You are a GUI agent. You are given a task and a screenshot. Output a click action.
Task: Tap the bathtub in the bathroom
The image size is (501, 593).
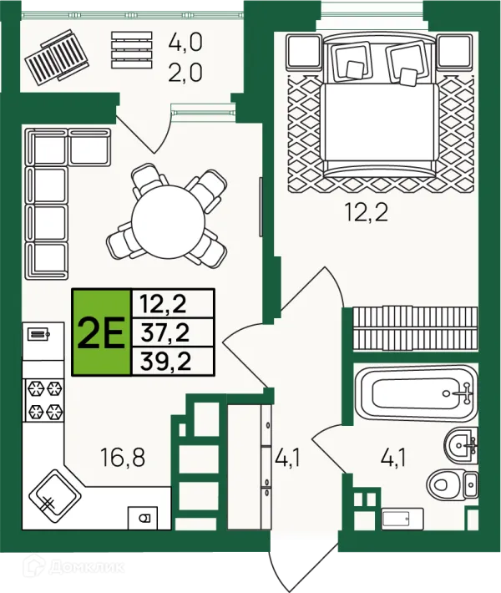coord(416,393)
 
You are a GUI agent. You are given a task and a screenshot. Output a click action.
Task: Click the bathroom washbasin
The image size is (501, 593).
coord(461,445)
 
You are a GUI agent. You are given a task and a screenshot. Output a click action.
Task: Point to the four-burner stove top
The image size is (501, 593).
coord(43,400)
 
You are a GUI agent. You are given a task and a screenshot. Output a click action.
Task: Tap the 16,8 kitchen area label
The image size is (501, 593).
coord(123,457)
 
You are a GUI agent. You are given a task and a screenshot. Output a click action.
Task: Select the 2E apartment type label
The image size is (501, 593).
coord(101,332)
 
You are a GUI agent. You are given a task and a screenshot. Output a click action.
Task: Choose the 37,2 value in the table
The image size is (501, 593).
coord(164,332)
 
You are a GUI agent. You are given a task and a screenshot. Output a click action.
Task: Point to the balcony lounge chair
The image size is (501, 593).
coord(57,55)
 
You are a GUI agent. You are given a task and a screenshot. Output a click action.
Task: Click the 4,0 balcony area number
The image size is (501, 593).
coord(185,42)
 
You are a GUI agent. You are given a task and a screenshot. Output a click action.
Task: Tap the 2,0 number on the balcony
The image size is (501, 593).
coord(185,72)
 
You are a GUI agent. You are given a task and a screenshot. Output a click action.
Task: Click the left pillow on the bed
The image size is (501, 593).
coord(351,61)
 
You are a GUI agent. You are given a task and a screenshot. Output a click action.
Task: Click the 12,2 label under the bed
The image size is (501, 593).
coord(367,212)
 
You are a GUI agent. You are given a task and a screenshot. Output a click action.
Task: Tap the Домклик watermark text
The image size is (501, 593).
coord(86,566)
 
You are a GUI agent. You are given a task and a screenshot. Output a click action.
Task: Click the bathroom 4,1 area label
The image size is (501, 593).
coord(393,458)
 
